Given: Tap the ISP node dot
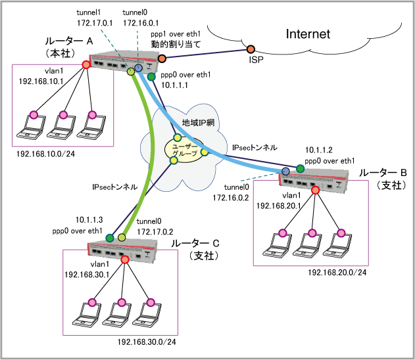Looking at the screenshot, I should [251, 50].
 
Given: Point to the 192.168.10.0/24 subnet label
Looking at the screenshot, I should [45, 154].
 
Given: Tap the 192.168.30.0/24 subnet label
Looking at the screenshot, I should [147, 342].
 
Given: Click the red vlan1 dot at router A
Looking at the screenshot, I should [85, 65].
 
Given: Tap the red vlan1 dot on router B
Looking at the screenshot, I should [315, 191].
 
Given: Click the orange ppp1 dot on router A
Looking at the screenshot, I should [161, 59].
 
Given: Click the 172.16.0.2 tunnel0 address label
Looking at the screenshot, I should [230, 196].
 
